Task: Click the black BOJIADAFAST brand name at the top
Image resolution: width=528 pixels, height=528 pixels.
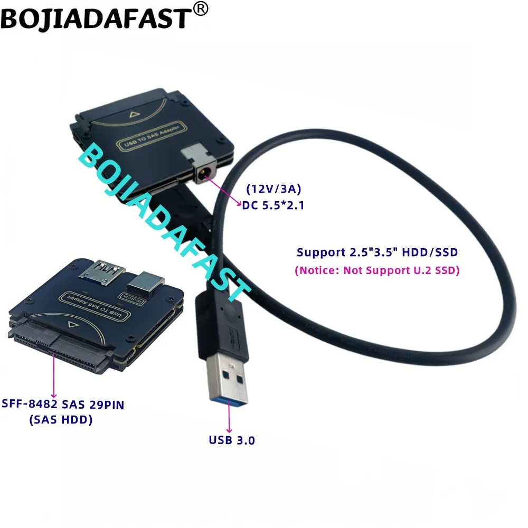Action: [95, 19]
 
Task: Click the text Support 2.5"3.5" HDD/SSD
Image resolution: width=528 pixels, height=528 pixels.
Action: [377, 252]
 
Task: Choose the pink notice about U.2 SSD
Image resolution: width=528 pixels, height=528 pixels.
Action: [376, 270]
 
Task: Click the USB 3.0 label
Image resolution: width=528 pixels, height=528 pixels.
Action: [231, 439]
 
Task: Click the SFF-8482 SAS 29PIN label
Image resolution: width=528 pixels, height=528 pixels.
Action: [67, 405]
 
